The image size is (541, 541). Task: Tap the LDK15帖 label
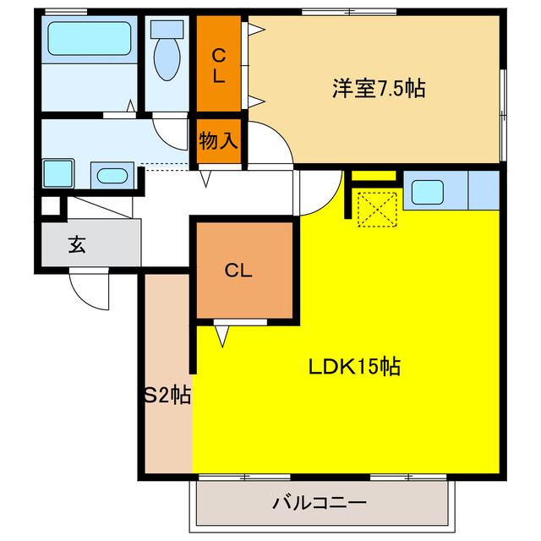coord(353,368)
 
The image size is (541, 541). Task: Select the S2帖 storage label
coord(166,393)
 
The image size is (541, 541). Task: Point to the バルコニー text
coord(320,504)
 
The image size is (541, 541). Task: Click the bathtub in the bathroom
coord(89,38)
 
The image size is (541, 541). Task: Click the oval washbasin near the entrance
coord(111,177)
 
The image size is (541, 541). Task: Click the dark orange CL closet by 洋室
coord(219,66)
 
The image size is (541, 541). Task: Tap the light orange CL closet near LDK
coord(239,270)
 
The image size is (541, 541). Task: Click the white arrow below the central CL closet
coord(222,336)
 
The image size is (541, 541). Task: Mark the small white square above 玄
coord(51,205)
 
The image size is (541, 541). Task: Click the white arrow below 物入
coord(205,178)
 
